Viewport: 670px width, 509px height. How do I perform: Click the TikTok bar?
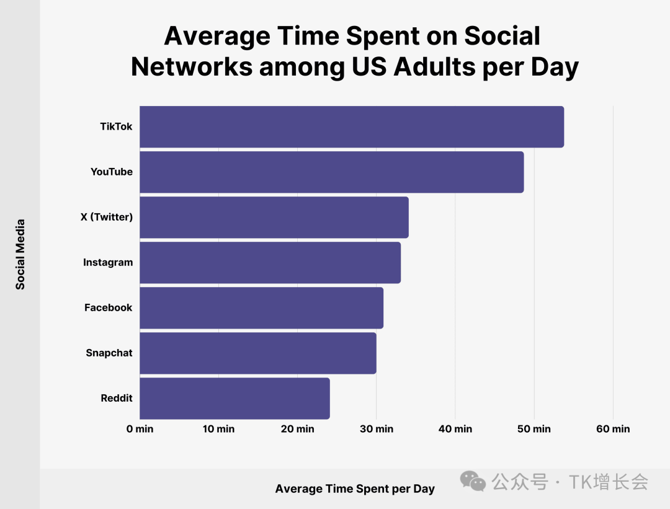click(x=352, y=126)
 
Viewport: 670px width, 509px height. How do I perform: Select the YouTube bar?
click(x=331, y=172)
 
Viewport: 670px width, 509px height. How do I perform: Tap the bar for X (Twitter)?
click(x=274, y=217)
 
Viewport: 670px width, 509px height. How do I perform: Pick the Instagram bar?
click(x=270, y=262)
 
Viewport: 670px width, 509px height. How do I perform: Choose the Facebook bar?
click(x=261, y=308)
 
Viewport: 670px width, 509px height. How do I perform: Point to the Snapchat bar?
click(x=257, y=353)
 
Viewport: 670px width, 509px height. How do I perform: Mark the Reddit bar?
click(x=234, y=398)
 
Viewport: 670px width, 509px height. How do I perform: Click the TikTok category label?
click(x=116, y=126)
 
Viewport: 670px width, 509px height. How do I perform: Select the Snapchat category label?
click(x=109, y=353)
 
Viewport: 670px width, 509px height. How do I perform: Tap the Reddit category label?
click(x=117, y=398)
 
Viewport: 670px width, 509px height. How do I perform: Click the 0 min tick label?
click(x=140, y=429)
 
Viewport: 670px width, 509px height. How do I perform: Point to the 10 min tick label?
click(x=218, y=429)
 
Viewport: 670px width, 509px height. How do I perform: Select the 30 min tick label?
click(x=376, y=429)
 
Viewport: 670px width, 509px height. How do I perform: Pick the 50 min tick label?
click(x=534, y=429)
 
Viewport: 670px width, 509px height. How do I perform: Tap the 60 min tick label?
click(x=613, y=429)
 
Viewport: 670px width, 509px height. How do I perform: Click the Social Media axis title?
click(x=20, y=254)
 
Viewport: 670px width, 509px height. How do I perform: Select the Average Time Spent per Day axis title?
click(x=355, y=489)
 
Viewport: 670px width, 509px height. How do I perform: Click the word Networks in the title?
click(x=191, y=66)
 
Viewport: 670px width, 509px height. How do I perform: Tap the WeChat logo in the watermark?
click(x=473, y=481)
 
